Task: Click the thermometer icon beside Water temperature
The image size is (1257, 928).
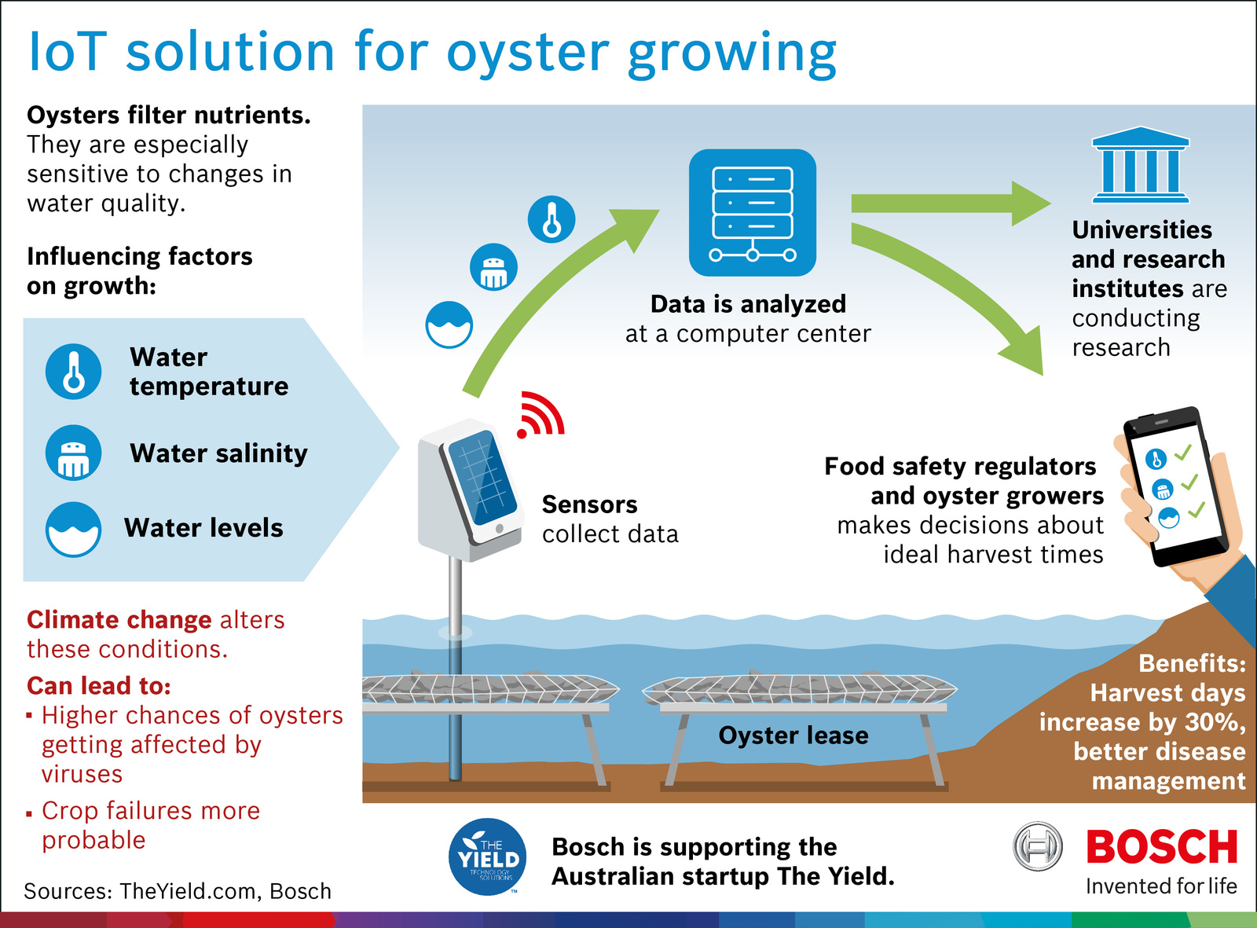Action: (x=73, y=371)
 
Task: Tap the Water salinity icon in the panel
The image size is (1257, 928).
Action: (x=73, y=453)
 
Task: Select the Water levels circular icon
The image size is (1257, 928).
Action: (x=73, y=529)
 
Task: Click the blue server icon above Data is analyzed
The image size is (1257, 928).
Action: (x=752, y=212)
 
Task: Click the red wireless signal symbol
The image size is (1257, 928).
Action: (x=541, y=415)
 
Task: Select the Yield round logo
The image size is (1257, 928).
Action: (x=488, y=857)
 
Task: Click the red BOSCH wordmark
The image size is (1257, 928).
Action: (x=1161, y=848)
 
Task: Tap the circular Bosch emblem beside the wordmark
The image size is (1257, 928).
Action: (x=1037, y=847)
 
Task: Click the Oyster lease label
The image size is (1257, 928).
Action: (x=793, y=735)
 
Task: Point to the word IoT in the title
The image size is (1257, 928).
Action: (x=67, y=52)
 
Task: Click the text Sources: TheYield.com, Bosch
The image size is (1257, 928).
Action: (x=178, y=891)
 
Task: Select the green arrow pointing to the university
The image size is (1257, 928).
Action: (x=951, y=204)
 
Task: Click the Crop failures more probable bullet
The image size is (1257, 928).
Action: (x=149, y=825)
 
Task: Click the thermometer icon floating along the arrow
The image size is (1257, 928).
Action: (x=552, y=219)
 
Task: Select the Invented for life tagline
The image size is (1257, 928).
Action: (x=1161, y=886)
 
